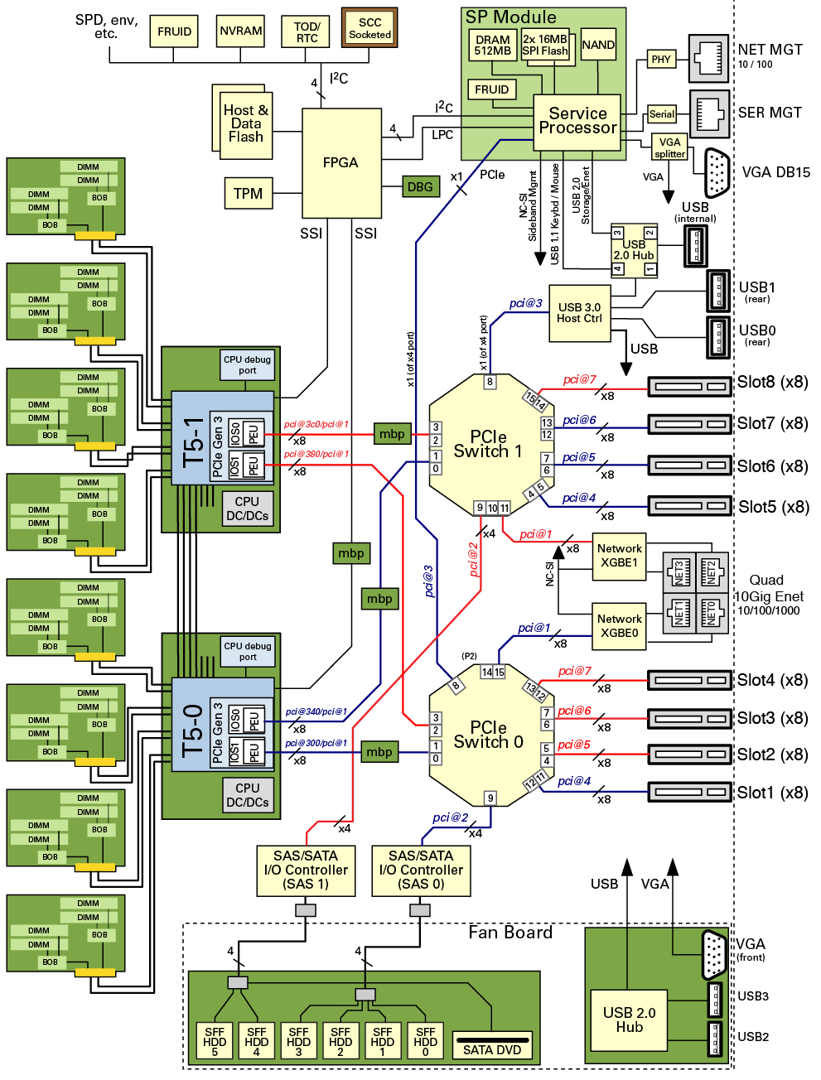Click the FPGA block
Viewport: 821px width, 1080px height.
(340, 162)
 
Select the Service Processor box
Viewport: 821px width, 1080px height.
(577, 122)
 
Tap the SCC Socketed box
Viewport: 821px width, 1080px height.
(369, 29)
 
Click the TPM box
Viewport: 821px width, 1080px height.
(248, 193)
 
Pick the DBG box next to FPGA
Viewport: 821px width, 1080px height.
(420, 186)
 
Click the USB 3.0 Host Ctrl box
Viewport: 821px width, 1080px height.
(579, 313)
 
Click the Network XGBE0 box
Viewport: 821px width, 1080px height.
(619, 626)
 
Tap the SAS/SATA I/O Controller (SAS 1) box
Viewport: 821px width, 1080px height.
(306, 870)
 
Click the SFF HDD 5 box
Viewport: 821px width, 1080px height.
(215, 1041)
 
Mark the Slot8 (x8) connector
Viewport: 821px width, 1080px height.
(688, 386)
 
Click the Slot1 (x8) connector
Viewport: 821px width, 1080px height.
(688, 793)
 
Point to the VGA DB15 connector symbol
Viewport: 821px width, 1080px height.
(717, 173)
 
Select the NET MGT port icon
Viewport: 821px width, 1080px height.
(708, 58)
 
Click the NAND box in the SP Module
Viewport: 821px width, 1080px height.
(598, 45)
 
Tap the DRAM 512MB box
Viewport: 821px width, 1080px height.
(493, 46)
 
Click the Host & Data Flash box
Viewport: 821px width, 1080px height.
(246, 124)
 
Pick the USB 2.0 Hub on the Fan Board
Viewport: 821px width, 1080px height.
(629, 1020)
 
